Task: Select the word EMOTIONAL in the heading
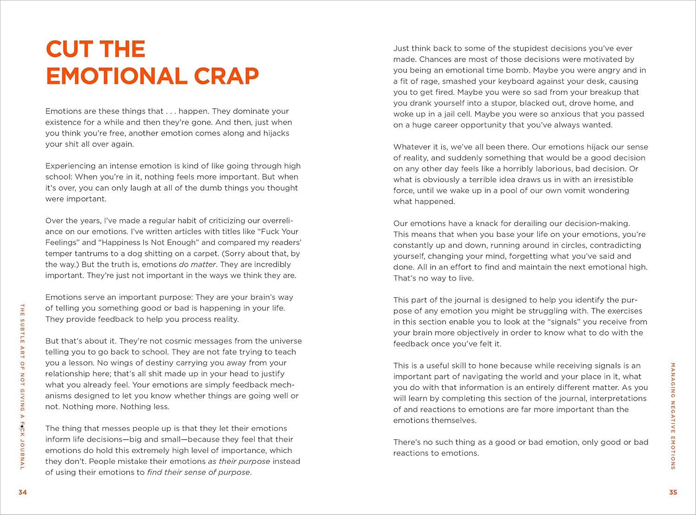116,77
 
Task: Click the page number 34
23,492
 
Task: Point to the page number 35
673,492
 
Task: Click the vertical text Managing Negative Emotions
673,416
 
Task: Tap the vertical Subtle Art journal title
22,386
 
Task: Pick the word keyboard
516,81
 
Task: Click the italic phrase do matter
197,265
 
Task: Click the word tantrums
91,254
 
